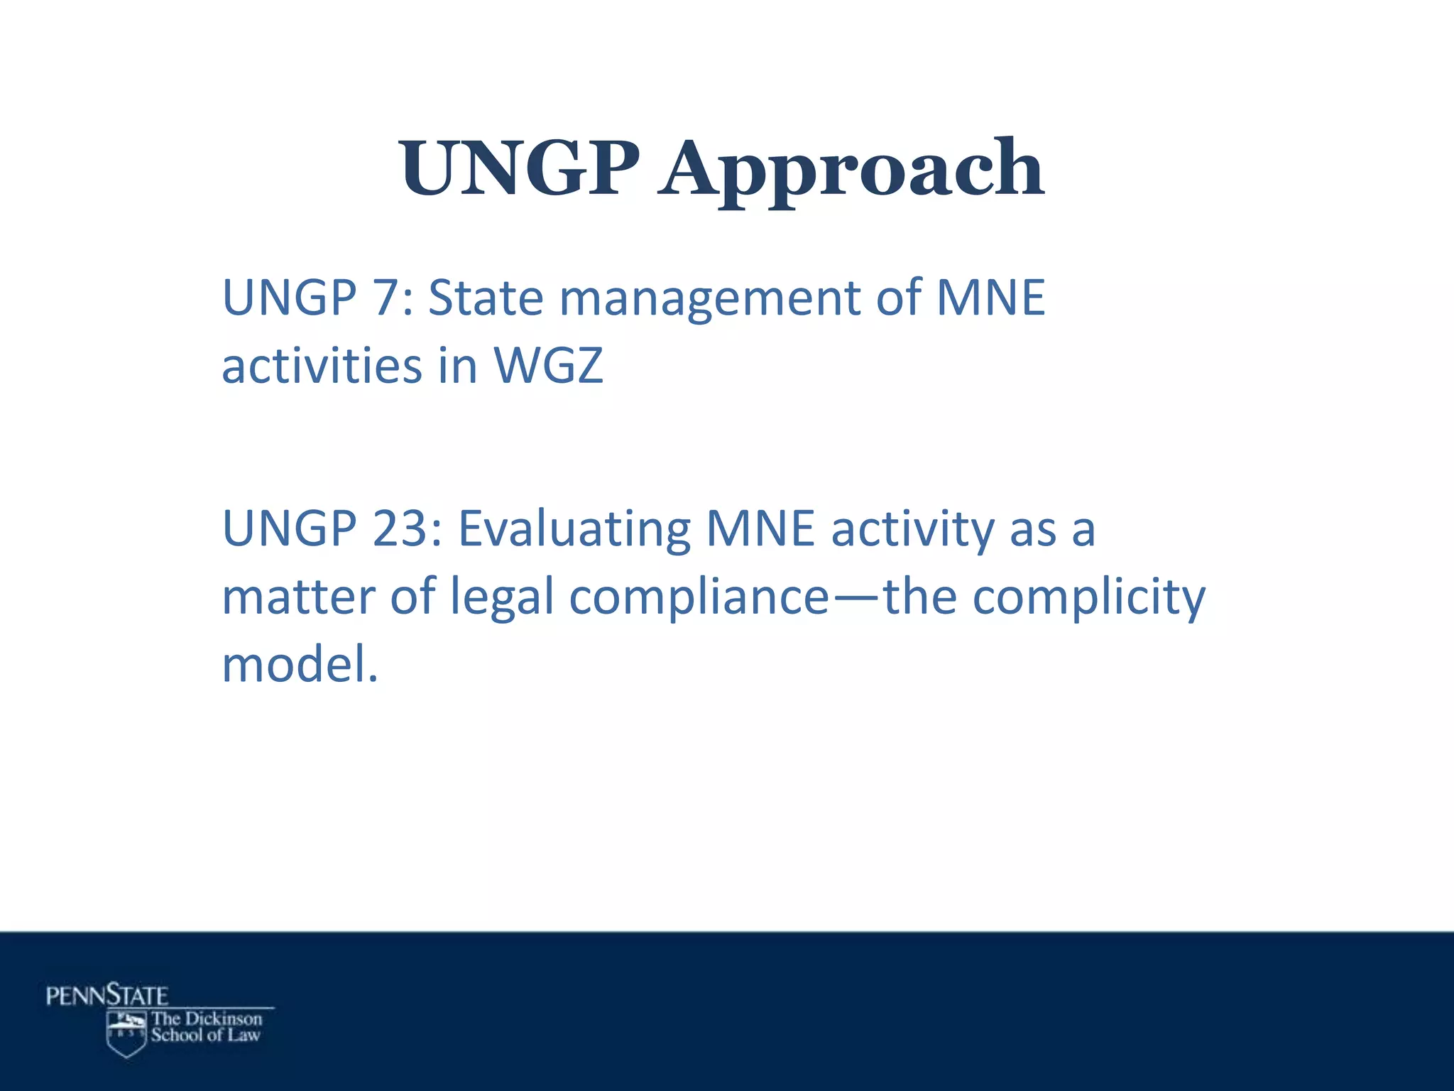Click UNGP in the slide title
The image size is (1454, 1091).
click(x=518, y=169)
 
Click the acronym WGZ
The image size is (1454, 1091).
click(x=548, y=366)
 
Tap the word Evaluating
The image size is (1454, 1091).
click(x=574, y=530)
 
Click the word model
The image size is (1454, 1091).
click(x=299, y=665)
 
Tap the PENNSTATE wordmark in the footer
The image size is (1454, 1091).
click(x=107, y=995)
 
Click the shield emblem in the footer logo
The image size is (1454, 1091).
click(x=126, y=1033)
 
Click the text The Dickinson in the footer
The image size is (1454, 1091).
click(x=207, y=1019)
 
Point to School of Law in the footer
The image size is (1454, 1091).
click(x=205, y=1036)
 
